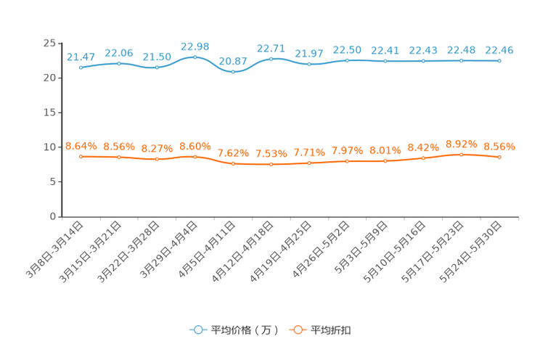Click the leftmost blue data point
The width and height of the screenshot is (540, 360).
point(81,67)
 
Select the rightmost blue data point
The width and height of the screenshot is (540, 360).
point(499,61)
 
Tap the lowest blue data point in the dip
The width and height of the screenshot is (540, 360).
point(233,72)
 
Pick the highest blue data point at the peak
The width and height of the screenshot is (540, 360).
point(195,57)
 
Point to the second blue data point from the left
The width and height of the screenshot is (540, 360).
point(119,63)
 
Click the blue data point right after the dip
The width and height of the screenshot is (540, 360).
point(271,58)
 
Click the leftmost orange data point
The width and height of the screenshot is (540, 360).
point(81,156)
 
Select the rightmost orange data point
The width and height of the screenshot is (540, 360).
point(499,157)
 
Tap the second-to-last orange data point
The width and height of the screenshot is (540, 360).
point(462,154)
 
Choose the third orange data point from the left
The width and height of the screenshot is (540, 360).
point(157,158)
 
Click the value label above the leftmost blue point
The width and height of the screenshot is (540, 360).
point(81,57)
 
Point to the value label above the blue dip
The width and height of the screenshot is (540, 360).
point(233,60)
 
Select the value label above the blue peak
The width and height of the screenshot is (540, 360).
point(195,46)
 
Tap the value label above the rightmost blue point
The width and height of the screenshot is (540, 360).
point(499,50)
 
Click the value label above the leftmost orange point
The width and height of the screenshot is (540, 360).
point(81,146)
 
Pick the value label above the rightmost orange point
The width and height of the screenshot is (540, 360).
point(499,147)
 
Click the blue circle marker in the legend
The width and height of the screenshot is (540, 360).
point(197,330)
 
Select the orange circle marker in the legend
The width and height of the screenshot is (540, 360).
point(297,330)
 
